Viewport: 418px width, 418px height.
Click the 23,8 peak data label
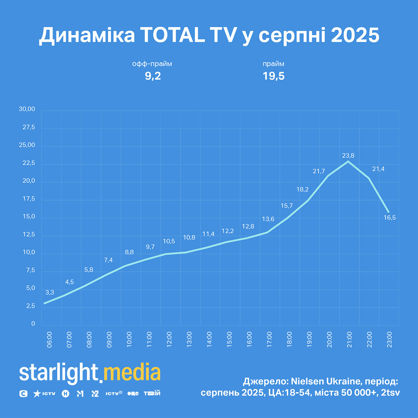(348, 156)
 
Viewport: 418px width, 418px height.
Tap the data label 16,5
(389, 218)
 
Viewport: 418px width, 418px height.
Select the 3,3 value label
(50, 292)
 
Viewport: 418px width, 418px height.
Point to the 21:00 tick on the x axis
(349, 340)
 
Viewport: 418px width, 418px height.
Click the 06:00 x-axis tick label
(49, 340)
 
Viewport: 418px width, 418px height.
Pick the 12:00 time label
(169, 340)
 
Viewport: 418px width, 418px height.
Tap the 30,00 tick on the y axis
(27, 109)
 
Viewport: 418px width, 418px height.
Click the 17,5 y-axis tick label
(29, 199)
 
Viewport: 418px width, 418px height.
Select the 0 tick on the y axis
(33, 324)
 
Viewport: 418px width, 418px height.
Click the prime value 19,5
(273, 76)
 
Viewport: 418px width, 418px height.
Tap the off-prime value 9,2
(153, 76)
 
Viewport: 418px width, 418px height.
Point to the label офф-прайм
(152, 64)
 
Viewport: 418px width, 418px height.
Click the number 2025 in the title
(355, 35)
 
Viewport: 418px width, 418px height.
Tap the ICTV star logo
(44, 394)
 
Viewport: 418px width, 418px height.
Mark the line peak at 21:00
(348, 161)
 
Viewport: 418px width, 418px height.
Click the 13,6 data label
(268, 219)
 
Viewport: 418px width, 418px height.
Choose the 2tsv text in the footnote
(390, 393)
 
